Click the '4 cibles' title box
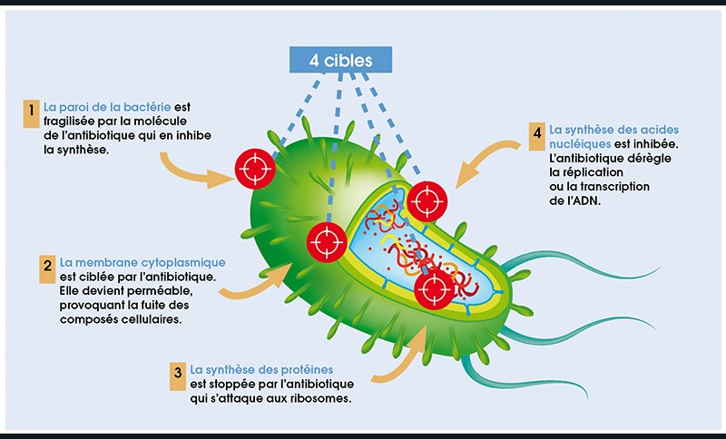[342, 59]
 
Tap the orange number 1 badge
[33, 112]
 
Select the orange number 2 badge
[47, 267]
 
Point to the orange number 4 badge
[536, 133]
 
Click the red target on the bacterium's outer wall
[253, 169]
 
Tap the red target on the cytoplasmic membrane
[326, 241]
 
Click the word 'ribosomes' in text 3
[319, 398]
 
